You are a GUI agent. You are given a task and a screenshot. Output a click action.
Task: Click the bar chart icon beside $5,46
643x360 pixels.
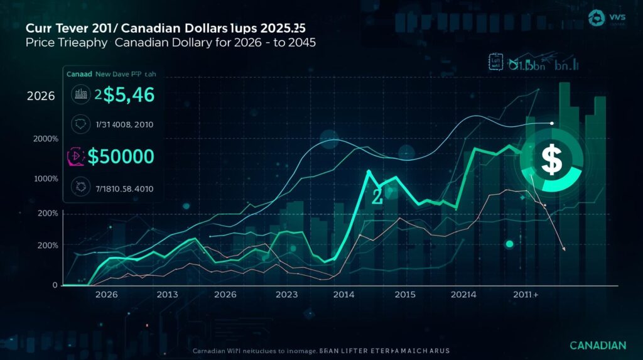tap(80, 95)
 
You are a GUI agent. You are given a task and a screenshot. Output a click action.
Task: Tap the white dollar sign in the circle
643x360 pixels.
tap(551, 159)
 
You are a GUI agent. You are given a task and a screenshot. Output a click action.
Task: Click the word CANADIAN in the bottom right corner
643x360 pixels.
tap(598, 346)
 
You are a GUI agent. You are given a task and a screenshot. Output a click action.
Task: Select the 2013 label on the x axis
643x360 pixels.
tap(167, 294)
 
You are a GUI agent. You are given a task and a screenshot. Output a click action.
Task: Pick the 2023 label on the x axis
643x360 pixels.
tap(286, 294)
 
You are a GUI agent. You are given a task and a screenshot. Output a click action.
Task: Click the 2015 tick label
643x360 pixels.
tap(405, 294)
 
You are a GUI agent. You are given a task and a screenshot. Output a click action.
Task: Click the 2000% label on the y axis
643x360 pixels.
tap(46, 139)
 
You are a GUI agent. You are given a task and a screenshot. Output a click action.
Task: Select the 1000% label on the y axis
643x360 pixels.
tap(46, 178)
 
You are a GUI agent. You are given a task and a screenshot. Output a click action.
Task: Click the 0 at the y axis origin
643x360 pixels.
tap(55, 285)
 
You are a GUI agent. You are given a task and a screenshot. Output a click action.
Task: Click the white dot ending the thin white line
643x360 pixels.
tap(551, 123)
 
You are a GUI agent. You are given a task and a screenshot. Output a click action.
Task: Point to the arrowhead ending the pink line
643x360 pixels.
tap(563, 249)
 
